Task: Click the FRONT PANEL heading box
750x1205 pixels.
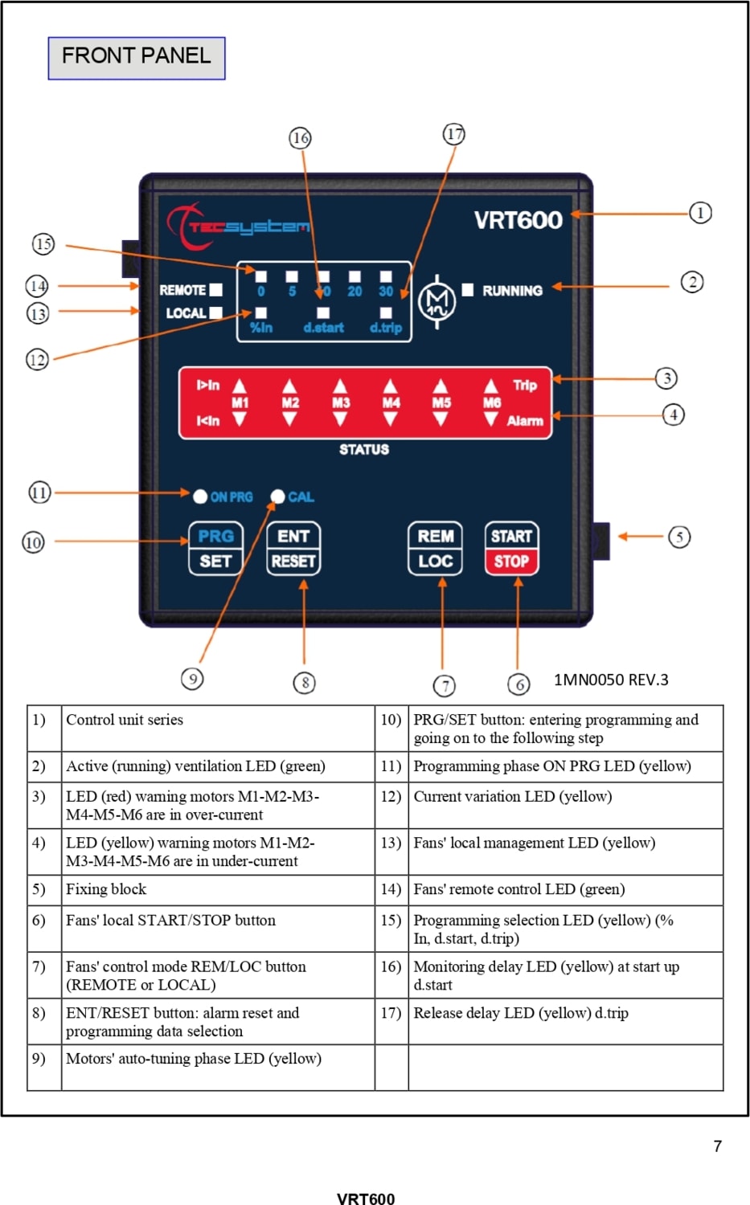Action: point(137,58)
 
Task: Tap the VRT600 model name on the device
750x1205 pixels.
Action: point(518,220)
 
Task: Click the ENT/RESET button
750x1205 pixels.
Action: point(293,548)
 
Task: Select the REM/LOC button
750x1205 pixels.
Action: point(435,548)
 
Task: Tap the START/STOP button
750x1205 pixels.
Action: point(511,548)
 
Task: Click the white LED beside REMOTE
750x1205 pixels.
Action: point(216,289)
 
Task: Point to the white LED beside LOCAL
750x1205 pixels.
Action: point(216,312)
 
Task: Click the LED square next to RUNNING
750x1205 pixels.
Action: point(468,289)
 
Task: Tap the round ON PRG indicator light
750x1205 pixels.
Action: point(200,496)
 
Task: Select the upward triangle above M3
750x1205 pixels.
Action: point(340,386)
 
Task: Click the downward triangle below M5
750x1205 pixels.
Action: point(441,419)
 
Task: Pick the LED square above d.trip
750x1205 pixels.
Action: point(386,312)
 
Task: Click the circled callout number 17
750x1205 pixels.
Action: point(454,134)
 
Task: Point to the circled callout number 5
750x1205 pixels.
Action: point(679,537)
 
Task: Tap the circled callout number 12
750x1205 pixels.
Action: point(37,359)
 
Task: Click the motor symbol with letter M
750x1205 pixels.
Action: point(436,302)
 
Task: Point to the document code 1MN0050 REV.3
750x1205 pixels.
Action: point(611,680)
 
